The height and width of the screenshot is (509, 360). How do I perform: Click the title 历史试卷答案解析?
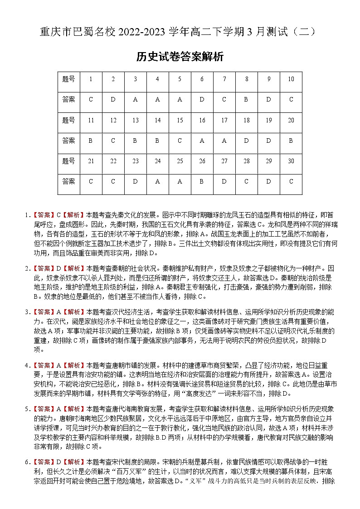[180, 57]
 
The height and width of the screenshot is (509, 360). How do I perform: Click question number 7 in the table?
[224, 79]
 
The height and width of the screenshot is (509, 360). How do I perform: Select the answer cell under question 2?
[113, 99]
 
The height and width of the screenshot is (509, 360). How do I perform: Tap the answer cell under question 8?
[246, 99]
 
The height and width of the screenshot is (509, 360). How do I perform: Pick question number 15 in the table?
[180, 120]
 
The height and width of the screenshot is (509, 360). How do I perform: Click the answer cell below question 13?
[135, 141]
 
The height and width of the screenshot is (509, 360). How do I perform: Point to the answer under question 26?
[202, 181]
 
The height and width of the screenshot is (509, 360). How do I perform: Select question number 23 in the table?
[135, 161]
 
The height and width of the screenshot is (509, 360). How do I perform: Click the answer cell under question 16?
[202, 141]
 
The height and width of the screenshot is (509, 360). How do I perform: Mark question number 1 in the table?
[91, 79]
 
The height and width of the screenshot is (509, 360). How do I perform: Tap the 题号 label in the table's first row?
[68, 79]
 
